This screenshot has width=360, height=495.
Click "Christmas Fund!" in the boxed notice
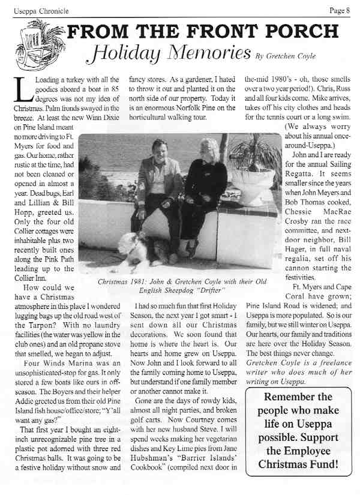click(298, 464)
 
